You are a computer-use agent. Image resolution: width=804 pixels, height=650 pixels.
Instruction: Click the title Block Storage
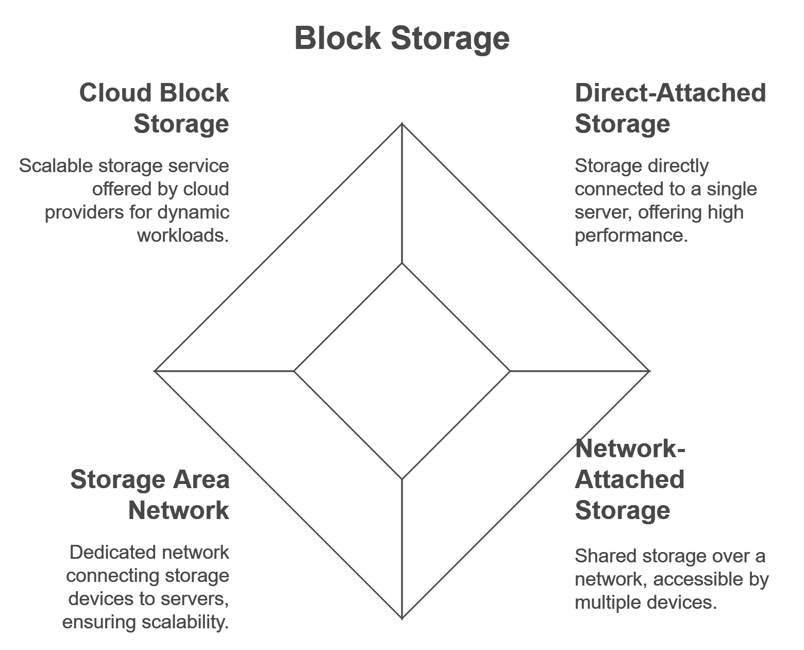pos(402,38)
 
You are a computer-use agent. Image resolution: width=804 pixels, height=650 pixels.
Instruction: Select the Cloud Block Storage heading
pos(154,108)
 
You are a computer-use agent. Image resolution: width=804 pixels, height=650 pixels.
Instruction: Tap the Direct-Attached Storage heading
pos(670,108)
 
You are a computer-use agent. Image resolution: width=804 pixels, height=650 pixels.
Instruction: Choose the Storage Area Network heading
pos(150,495)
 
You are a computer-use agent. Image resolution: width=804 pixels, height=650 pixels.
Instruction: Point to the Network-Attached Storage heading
pos(630,479)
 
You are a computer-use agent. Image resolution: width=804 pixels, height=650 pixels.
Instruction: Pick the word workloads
pos(183,236)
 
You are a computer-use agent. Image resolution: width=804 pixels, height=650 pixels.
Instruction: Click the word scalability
pos(185,622)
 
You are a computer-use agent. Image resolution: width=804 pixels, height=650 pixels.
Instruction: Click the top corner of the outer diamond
pos(402,124)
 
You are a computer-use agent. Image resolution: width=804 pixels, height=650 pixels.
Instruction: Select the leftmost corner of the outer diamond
pos(155,371)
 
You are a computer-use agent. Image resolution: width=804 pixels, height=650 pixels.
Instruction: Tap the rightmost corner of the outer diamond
pos(649,371)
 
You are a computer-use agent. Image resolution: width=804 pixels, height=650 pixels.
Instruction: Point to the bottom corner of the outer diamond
pos(402,618)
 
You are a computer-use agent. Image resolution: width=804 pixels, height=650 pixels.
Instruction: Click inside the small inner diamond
pos(402,371)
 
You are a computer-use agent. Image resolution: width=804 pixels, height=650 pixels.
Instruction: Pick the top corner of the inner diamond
pos(402,263)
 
